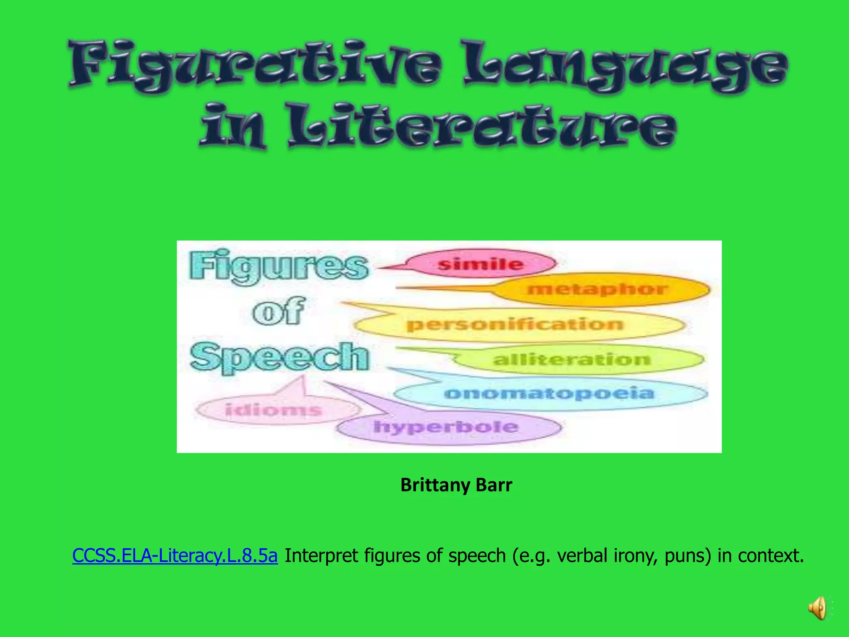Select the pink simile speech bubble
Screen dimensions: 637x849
[480, 264]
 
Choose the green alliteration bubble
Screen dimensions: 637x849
[572, 359]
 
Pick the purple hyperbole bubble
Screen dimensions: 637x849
[446, 427]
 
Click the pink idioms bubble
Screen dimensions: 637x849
[274, 410]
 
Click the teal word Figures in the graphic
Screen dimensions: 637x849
[279, 266]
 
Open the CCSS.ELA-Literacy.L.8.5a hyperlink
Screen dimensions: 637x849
[175, 556]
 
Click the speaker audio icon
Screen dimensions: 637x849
[817, 608]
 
